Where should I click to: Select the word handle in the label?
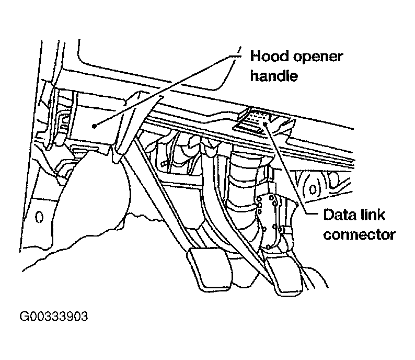click(273, 76)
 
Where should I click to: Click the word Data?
click(340, 215)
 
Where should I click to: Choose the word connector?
click(359, 234)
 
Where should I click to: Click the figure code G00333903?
click(54, 317)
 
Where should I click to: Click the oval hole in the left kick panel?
click(38, 216)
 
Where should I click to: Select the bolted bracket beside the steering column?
click(274, 215)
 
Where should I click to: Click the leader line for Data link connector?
click(293, 167)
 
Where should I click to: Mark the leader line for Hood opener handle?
click(167, 89)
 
